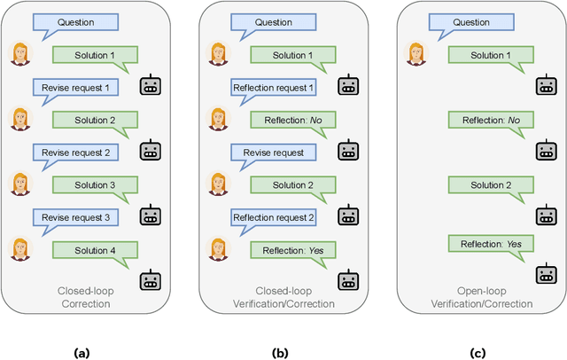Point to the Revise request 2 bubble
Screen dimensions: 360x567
69,153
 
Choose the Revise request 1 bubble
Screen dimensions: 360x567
69,88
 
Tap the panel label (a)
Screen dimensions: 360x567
82,353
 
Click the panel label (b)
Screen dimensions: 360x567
280,353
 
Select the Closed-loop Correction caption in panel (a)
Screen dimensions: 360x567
82,297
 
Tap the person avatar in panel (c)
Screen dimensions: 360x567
415,53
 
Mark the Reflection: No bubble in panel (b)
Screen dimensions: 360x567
287,121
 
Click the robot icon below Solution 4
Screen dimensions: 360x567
151,282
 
